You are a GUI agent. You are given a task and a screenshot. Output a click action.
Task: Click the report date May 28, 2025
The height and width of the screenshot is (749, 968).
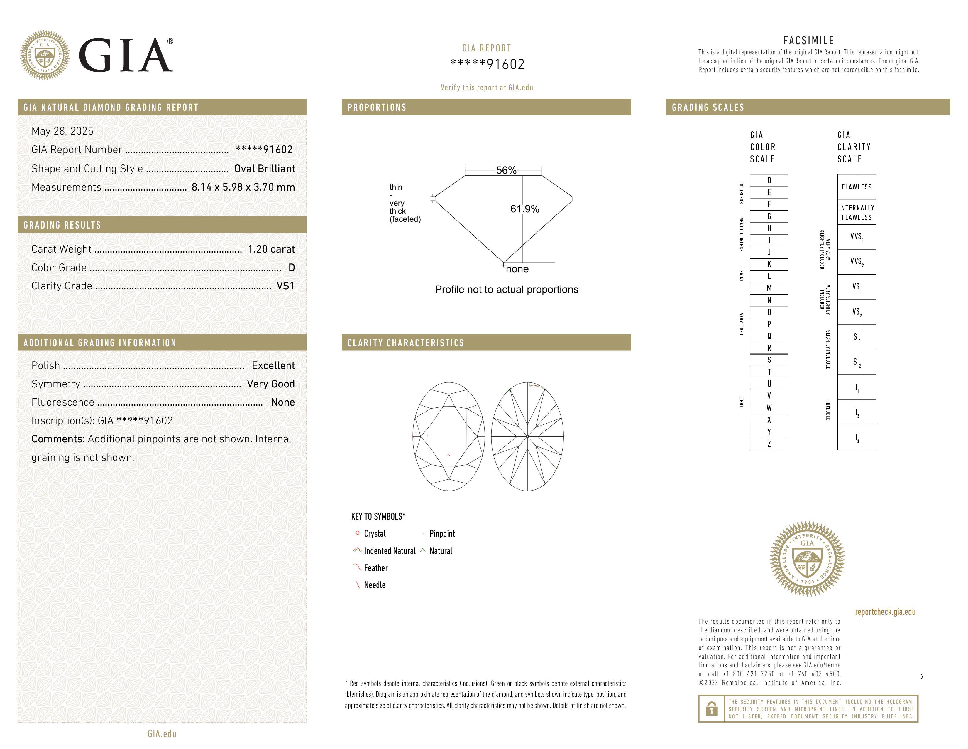point(62,131)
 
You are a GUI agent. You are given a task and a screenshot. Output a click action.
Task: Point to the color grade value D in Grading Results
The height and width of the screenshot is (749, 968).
point(292,268)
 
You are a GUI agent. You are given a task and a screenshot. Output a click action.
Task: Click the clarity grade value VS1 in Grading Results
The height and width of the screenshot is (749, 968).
point(285,286)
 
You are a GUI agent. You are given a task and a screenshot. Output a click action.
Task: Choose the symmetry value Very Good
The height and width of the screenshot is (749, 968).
point(271,384)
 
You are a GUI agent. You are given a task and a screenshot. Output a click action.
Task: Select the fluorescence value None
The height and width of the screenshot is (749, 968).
point(283,402)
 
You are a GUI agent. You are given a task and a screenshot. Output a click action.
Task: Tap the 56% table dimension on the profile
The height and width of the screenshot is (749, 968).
point(506,170)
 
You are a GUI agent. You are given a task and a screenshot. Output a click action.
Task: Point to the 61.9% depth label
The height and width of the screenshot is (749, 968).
point(525,209)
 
